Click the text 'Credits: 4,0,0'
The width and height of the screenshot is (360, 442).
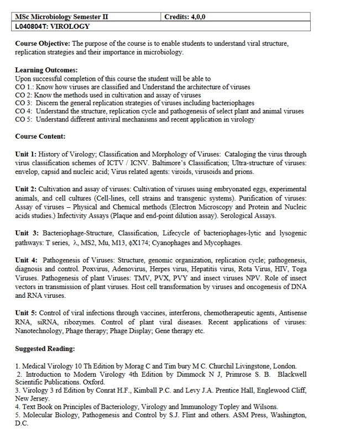(x=185, y=17)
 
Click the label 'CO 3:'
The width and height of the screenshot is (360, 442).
(x=24, y=103)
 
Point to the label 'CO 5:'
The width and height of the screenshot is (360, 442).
(x=24, y=119)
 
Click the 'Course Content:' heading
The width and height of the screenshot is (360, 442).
(x=40, y=136)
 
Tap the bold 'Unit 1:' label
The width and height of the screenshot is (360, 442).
(x=26, y=154)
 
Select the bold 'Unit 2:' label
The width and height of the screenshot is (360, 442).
(x=26, y=189)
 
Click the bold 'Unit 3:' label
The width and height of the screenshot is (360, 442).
(x=27, y=233)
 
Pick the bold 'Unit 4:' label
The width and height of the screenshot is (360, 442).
(x=27, y=260)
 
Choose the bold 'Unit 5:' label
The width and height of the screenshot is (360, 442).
(x=26, y=313)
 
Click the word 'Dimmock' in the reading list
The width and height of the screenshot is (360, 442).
(x=194, y=374)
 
